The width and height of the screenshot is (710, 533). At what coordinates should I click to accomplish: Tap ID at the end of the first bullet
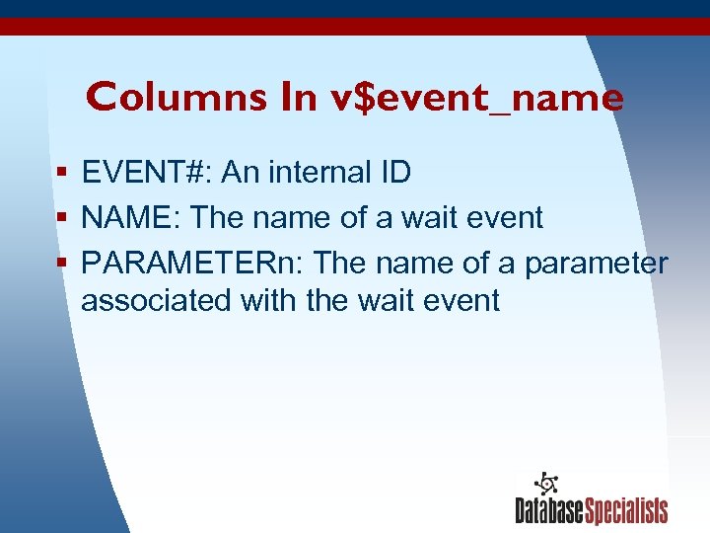(x=394, y=173)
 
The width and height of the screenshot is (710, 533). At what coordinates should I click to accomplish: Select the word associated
(x=156, y=300)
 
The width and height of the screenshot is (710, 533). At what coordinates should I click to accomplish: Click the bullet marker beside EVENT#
(x=62, y=174)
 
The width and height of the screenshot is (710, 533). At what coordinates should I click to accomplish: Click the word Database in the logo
(x=550, y=511)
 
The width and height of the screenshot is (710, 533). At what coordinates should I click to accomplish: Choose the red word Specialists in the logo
(x=627, y=511)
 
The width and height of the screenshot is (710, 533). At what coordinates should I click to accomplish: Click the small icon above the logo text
(x=545, y=484)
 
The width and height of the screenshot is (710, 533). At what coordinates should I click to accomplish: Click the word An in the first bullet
(x=237, y=173)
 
